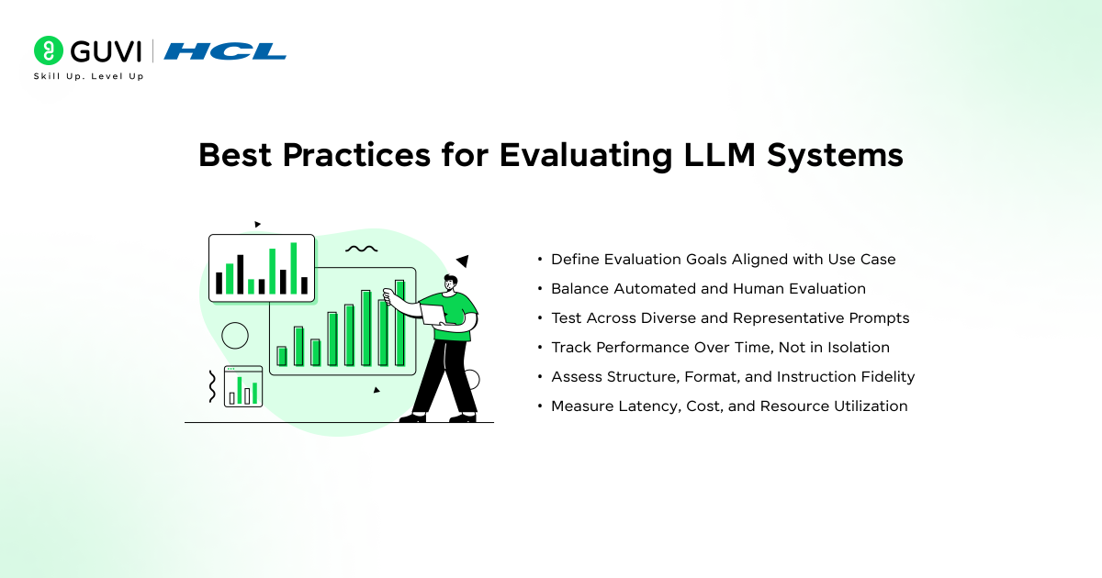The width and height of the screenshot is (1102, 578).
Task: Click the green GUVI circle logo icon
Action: click(48, 50)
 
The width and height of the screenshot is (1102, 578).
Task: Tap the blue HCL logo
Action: click(225, 51)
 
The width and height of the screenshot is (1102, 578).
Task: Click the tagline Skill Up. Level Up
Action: click(88, 76)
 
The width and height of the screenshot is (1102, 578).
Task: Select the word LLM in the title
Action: click(719, 155)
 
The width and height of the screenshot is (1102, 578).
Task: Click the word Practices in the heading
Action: click(356, 155)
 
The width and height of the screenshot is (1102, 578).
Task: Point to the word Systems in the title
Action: click(835, 156)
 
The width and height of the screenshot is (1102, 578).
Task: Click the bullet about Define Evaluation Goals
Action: click(724, 260)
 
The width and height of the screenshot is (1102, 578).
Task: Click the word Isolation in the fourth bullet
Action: click(859, 348)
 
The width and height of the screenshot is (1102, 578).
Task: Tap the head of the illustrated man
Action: click(450, 283)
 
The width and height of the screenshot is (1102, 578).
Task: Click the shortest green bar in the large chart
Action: click(282, 356)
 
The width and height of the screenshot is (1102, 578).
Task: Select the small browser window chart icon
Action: click(243, 386)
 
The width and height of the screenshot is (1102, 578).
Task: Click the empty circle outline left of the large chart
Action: click(235, 336)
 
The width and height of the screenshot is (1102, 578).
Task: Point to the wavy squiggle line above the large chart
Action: click(362, 250)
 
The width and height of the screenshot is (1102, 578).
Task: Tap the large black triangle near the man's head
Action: click(463, 261)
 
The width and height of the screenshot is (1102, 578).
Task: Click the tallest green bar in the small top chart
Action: click(294, 268)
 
